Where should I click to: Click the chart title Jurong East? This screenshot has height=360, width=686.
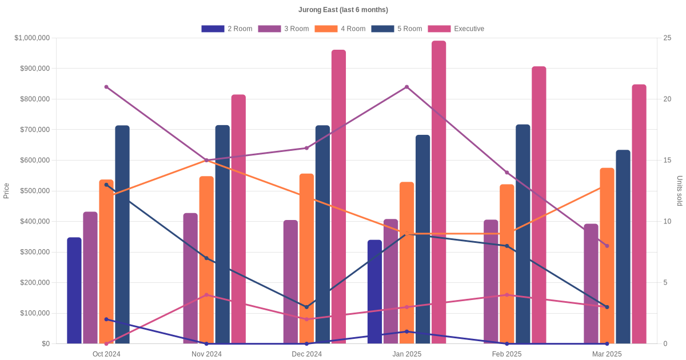coord(343,10)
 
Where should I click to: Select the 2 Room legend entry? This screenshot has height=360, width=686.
coord(227,29)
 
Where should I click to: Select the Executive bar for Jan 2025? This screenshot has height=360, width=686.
coord(438,192)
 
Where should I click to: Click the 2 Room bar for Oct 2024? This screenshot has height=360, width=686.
coord(74,290)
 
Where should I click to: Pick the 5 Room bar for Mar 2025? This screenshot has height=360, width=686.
coord(623,247)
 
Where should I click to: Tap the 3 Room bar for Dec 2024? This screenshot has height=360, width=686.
coord(290,282)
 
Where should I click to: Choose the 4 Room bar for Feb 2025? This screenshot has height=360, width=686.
coord(506,264)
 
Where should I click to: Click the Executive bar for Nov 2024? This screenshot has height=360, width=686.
coord(238,219)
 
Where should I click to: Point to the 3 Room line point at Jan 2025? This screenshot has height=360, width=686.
coord(406,87)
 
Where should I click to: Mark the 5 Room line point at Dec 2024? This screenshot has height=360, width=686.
coord(306,307)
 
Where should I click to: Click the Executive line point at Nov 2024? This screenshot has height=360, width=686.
coord(206,295)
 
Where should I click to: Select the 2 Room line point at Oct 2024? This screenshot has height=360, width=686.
coord(106,319)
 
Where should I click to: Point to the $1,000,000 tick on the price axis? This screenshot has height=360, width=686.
coord(32,38)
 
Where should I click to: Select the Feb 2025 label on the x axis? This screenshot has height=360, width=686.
coord(506,354)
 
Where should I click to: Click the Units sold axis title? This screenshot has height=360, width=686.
coord(679,191)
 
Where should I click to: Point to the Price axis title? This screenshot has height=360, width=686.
coord(6,191)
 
